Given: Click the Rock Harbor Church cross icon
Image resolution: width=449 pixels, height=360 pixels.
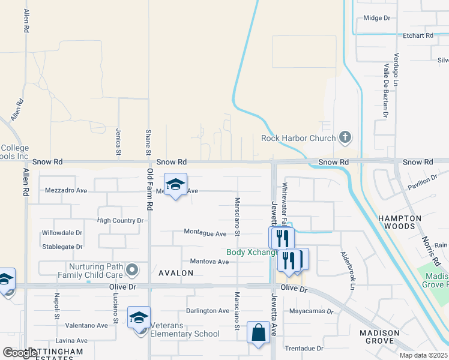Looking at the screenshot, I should point(345,138).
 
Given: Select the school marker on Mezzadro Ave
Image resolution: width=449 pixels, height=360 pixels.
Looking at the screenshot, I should point(175,185).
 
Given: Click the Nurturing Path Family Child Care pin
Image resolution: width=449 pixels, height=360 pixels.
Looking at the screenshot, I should point(133,269).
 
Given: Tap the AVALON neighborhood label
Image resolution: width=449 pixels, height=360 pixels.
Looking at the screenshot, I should point(176,273).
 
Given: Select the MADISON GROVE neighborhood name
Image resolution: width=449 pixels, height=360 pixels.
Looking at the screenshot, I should point(379,337).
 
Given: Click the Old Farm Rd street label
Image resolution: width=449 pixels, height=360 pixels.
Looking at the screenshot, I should point(150,189).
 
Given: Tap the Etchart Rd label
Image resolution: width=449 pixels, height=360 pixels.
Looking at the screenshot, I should point(419,36).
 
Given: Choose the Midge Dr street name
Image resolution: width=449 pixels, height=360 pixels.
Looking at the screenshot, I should point(377,18).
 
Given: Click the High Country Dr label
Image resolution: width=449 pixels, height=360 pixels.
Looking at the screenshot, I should point(121,221).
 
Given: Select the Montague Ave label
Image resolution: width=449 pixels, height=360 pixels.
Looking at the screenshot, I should point(205,233).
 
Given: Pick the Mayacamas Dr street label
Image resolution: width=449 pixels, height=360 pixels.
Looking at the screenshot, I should point(311,311).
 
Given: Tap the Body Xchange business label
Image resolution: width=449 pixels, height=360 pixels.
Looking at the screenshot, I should point(252,253).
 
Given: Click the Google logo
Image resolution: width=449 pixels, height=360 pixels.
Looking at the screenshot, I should point(20,353).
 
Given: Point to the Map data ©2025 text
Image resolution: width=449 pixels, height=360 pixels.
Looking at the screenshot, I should point(423,355).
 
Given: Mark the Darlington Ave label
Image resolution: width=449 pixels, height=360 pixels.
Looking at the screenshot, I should point(208,311).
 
